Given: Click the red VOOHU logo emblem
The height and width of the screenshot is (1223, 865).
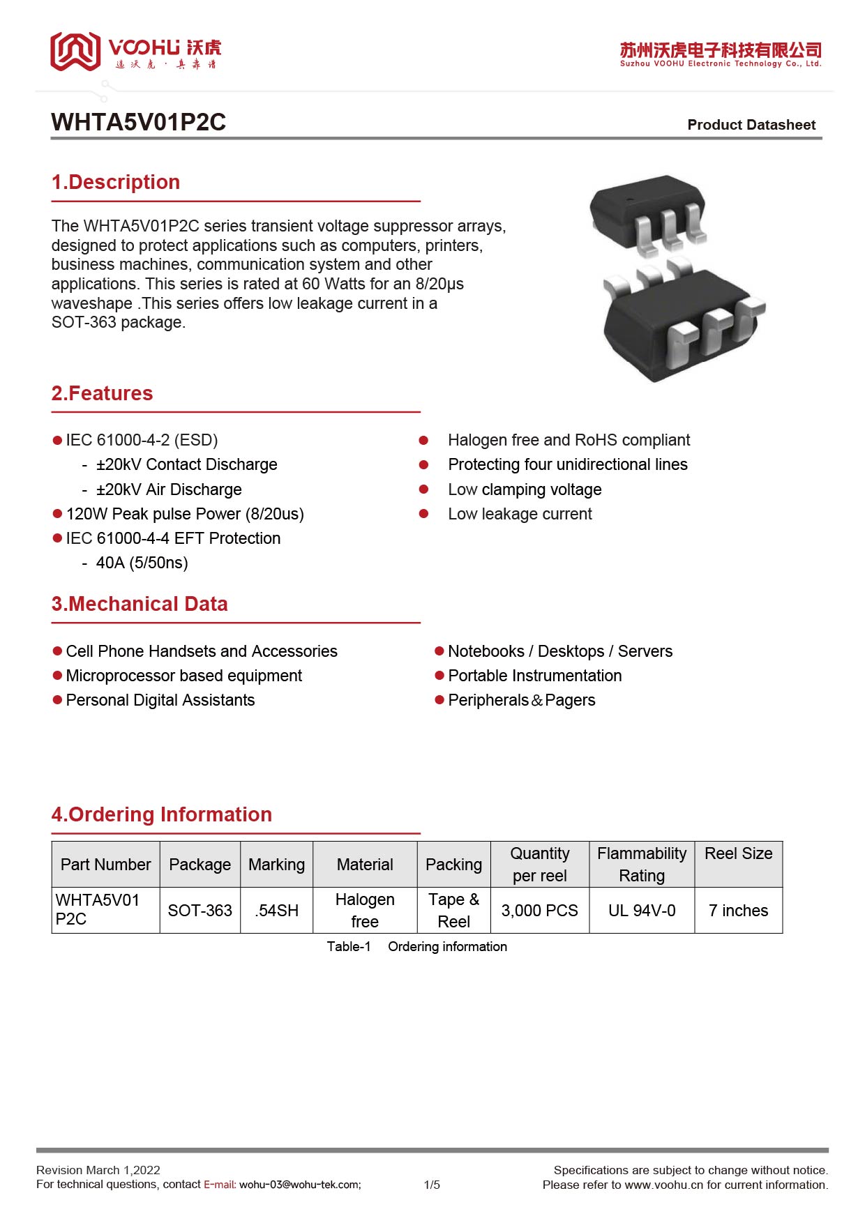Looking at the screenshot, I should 75,51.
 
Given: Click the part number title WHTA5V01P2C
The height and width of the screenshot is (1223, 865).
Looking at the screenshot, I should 138,122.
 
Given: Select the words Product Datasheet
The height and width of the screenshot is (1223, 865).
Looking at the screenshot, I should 751,125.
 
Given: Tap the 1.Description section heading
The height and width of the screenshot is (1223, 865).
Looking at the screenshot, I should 116,182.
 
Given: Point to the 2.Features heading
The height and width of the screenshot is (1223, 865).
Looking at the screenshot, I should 102,393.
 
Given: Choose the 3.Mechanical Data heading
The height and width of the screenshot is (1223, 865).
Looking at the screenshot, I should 140,604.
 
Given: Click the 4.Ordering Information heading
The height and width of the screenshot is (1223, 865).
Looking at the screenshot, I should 161,814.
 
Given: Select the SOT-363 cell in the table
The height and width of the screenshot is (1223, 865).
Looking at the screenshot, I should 200,911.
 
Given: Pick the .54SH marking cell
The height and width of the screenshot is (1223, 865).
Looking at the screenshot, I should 277,911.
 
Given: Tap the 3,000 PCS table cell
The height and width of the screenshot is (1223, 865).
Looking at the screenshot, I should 539,911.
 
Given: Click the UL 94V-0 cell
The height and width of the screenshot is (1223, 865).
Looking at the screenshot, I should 642,911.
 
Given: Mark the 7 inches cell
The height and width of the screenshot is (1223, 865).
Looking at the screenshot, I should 738,911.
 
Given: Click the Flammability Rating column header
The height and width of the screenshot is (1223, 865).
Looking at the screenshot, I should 642,865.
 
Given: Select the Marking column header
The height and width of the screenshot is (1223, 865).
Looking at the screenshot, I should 277,865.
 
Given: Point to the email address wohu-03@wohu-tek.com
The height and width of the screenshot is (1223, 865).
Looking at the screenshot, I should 300,1185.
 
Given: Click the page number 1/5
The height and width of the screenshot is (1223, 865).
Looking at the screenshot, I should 432,1185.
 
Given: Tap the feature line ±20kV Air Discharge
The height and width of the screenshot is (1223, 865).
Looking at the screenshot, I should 169,489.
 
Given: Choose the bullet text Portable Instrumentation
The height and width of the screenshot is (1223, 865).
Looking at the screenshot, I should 534,676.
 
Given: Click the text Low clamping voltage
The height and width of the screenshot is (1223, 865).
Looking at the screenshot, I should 525,489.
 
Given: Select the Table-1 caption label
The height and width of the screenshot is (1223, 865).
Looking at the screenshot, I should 349,946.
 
